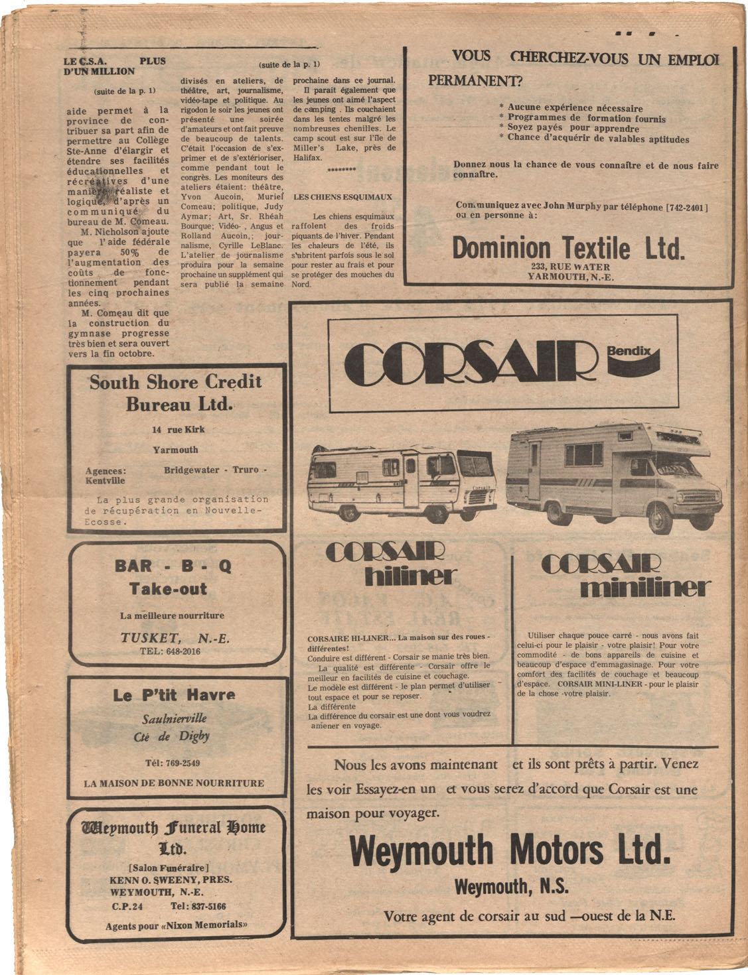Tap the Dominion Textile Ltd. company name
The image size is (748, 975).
coord(567,249)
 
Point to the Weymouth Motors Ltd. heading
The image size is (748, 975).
coord(509,850)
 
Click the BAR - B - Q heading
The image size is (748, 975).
coord(173,566)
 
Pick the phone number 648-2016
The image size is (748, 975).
coord(180,651)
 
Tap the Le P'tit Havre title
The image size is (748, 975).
coord(174,695)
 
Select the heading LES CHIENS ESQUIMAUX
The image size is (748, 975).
coord(343,197)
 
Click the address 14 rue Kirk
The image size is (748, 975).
coord(178,429)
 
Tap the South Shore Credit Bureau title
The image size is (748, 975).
coord(176,393)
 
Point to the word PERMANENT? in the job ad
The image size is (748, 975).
coord(475,82)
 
